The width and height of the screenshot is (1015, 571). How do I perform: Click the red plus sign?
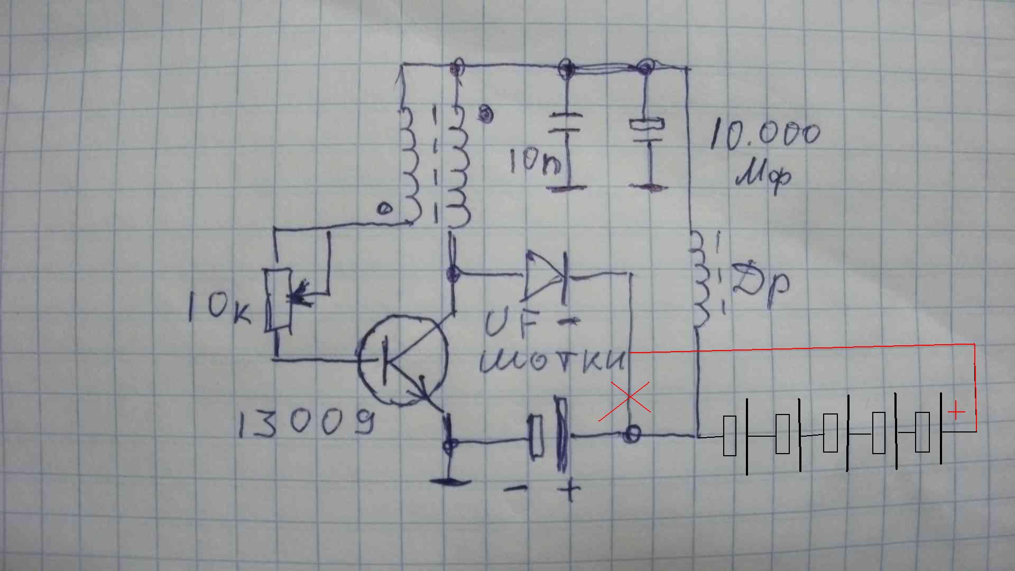(x=956, y=411)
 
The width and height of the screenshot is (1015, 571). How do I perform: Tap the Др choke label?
(x=761, y=285)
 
